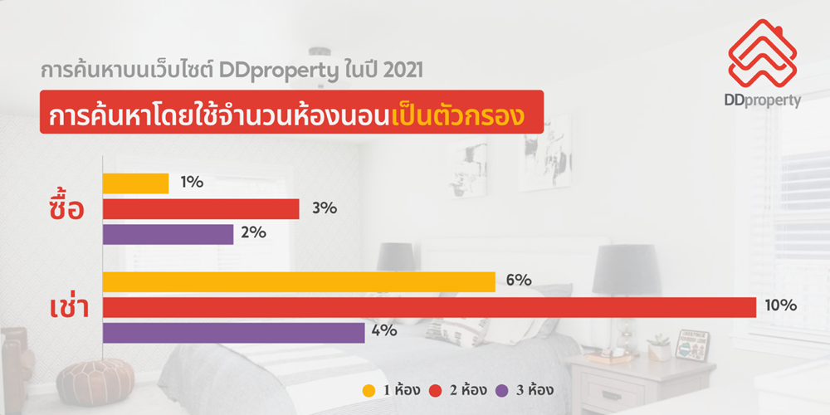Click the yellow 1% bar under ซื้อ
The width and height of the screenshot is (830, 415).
pyautogui.click(x=135, y=183)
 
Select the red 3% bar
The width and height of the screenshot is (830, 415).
pyautogui.click(x=201, y=208)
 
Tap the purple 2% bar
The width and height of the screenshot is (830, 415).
pyautogui.click(x=168, y=234)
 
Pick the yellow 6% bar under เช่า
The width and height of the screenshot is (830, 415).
pyautogui.click(x=299, y=281)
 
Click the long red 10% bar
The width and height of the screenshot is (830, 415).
pyautogui.click(x=429, y=307)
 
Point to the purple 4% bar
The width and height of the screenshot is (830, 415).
pyautogui.click(x=233, y=333)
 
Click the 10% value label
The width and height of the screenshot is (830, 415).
pyautogui.click(x=780, y=305)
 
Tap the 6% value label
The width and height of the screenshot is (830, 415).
pyautogui.click(x=519, y=281)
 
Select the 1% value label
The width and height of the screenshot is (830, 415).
pyautogui.click(x=192, y=182)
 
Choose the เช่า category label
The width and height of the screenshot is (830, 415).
pyautogui.click(x=69, y=308)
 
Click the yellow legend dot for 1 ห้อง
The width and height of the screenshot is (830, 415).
pyautogui.click(x=369, y=391)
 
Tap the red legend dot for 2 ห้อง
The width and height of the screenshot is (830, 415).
pyautogui.click(x=435, y=391)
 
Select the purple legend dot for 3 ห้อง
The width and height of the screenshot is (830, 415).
pyautogui.click(x=502, y=391)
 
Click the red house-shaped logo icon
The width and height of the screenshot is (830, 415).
pyautogui.click(x=762, y=53)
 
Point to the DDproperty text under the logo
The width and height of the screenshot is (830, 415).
pyautogui.click(x=763, y=100)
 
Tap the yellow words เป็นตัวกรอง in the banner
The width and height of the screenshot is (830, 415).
pyautogui.click(x=458, y=116)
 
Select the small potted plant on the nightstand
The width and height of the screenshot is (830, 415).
pyautogui.click(x=659, y=347)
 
